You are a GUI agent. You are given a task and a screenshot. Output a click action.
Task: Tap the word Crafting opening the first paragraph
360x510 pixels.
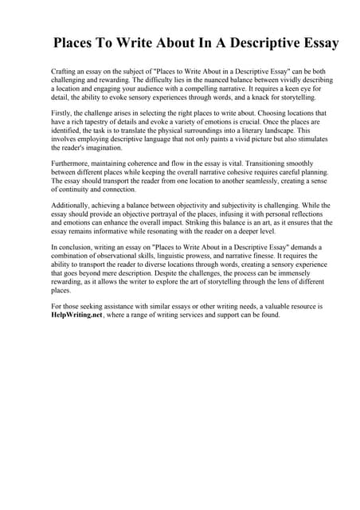coord(65,72)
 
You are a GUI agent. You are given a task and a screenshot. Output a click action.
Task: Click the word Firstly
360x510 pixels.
coord(62,114)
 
